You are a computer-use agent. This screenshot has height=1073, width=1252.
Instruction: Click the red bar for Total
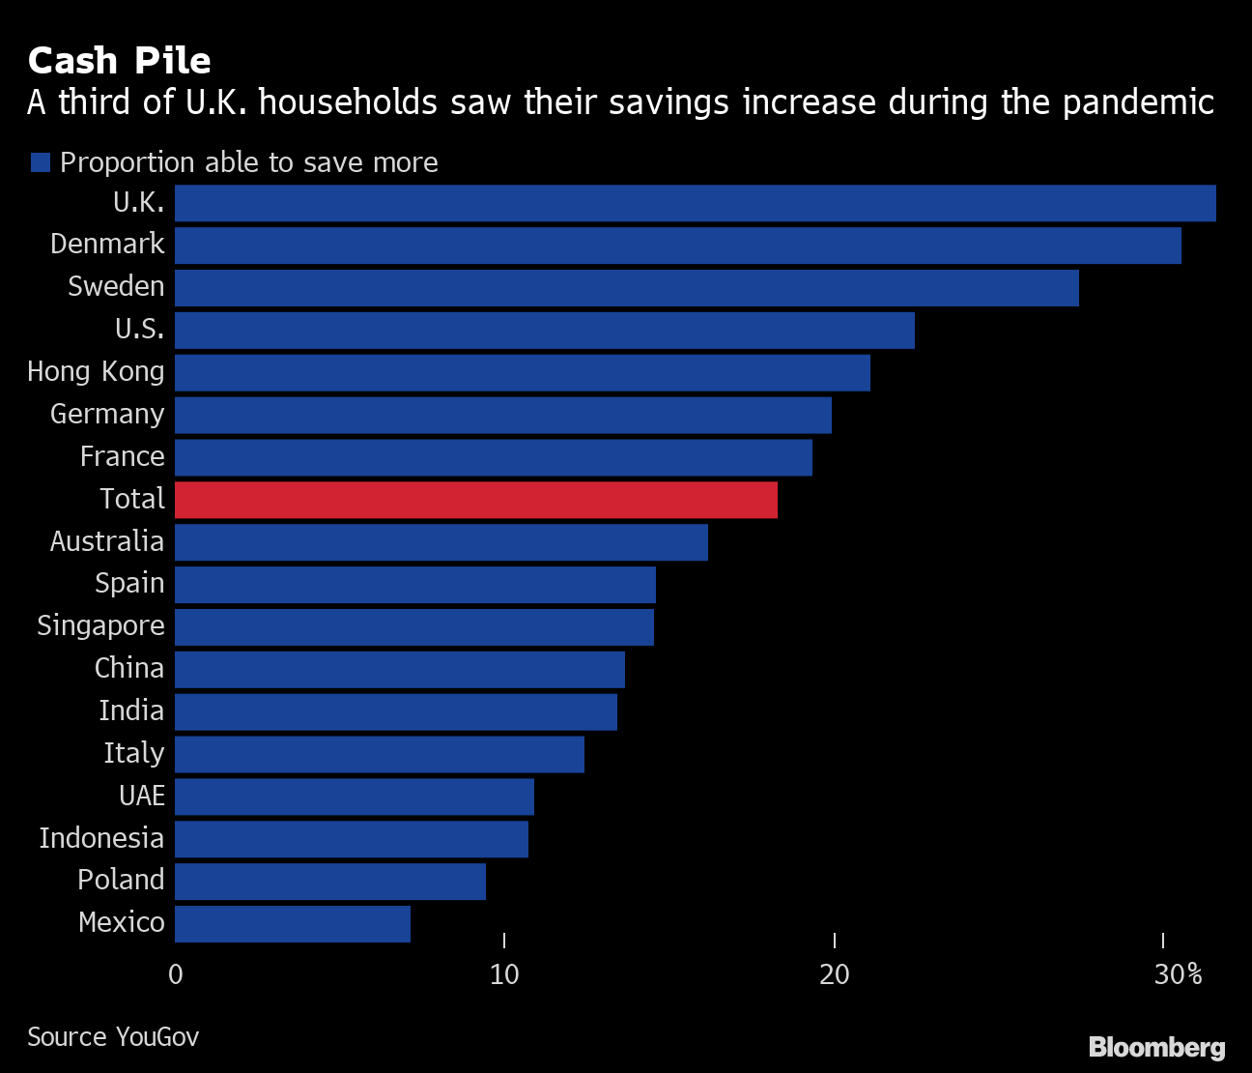pyautogui.click(x=475, y=500)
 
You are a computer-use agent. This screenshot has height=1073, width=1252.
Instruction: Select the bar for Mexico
pyautogui.click(x=292, y=924)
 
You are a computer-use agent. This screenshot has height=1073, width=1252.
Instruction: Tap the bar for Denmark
pyautogui.click(x=677, y=246)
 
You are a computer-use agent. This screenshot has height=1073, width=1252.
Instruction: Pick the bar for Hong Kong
pyautogui.click(x=522, y=373)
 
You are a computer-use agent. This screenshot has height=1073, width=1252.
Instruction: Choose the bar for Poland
pyautogui.click(x=329, y=882)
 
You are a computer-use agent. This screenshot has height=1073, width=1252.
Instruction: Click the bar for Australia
pyautogui.click(x=441, y=542)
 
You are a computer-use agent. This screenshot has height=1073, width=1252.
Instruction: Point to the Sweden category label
pyautogui.click(x=116, y=287)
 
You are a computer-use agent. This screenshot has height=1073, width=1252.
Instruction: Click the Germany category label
pyautogui.click(x=107, y=415)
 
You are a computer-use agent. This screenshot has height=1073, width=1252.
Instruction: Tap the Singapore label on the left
pyautogui.click(x=100, y=626)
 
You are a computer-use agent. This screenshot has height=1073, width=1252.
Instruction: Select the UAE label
pyautogui.click(x=142, y=797)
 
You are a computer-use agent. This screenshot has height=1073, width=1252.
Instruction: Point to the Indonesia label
pyautogui.click(x=101, y=838)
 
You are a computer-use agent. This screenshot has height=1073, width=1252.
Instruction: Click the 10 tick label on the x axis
pyautogui.click(x=504, y=974)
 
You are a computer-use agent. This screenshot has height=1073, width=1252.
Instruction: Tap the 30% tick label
pyautogui.click(x=1178, y=974)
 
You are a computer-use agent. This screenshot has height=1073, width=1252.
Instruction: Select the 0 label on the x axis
pyautogui.click(x=175, y=974)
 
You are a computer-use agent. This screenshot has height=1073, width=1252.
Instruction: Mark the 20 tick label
pyautogui.click(x=834, y=974)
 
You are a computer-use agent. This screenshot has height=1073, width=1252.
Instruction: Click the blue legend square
pyautogui.click(x=40, y=162)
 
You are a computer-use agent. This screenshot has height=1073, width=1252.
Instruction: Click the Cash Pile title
pyautogui.click(x=119, y=61)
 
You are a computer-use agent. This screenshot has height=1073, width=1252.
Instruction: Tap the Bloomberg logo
pyautogui.click(x=1156, y=1047)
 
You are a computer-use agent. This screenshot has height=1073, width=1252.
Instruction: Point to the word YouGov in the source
pyautogui.click(x=156, y=1037)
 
